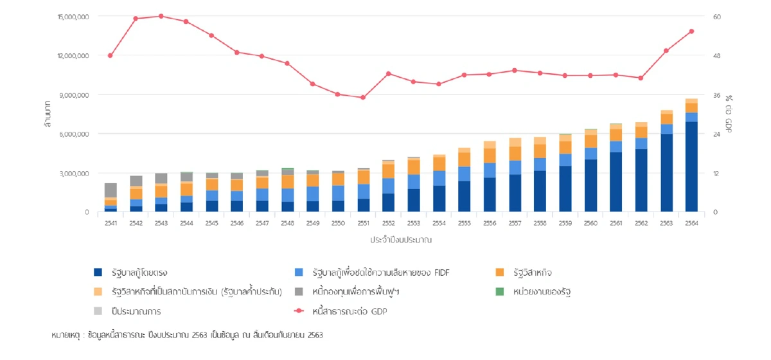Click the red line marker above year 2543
click(x=161, y=16)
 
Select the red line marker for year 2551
click(x=363, y=98)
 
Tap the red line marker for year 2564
click(x=691, y=31)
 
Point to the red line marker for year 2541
click(x=111, y=55)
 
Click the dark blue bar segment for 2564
click(x=691, y=166)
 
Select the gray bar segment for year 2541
click(x=111, y=190)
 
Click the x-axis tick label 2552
click(x=388, y=222)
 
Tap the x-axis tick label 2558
click(x=540, y=222)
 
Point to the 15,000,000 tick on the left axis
click(x=73, y=16)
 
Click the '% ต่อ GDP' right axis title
click(x=729, y=114)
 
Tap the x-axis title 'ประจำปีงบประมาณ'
click(x=400, y=240)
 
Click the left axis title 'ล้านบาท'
click(x=48, y=114)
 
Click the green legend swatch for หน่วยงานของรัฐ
click(x=499, y=292)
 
